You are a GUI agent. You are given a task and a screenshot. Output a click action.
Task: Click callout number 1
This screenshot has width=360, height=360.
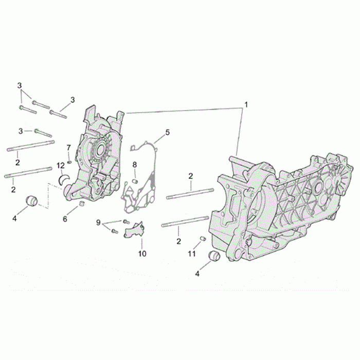246,105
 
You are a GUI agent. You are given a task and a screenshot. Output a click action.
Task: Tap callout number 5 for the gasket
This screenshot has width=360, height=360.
167,132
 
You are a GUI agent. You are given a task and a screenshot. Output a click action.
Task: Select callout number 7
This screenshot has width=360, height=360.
68,148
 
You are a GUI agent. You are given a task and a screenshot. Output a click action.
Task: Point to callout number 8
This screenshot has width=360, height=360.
135,165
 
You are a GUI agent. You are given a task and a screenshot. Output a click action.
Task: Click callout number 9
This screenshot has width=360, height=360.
98,223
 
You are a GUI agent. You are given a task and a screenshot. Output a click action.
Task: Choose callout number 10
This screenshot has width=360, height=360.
142,254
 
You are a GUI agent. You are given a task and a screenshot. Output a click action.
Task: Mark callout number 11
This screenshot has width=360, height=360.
192,254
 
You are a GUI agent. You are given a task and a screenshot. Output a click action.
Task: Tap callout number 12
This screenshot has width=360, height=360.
61,165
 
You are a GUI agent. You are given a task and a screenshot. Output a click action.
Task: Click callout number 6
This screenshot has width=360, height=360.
65,219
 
